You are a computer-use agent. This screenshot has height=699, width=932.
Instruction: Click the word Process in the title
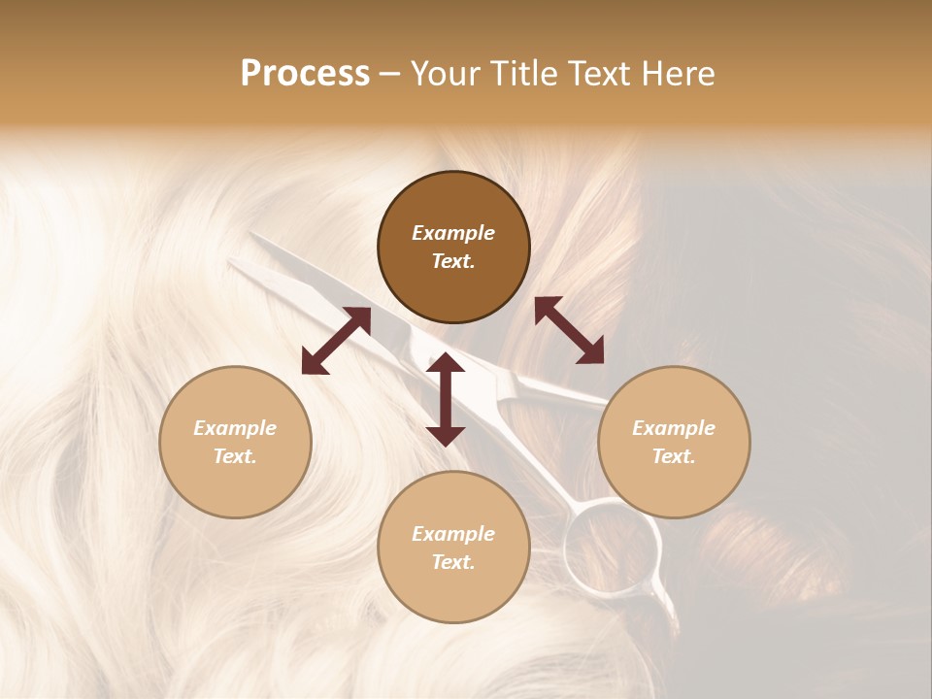305,74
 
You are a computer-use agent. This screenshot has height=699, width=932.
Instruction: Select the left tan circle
235,442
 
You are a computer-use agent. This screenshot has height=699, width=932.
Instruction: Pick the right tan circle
674,442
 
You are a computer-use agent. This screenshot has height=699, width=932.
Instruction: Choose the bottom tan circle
453,548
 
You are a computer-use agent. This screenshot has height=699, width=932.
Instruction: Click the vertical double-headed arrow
446,400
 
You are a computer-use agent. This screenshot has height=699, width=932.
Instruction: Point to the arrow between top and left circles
336,341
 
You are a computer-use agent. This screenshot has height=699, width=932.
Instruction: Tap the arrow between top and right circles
570,330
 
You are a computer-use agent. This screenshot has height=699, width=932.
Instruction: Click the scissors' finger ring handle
613,545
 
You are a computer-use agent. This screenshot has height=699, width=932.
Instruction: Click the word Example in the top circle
453,233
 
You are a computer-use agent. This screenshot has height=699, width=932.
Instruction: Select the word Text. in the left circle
235,456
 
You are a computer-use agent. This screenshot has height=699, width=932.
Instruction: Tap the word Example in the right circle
674,428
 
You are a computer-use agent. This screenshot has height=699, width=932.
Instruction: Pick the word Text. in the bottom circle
453,562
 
